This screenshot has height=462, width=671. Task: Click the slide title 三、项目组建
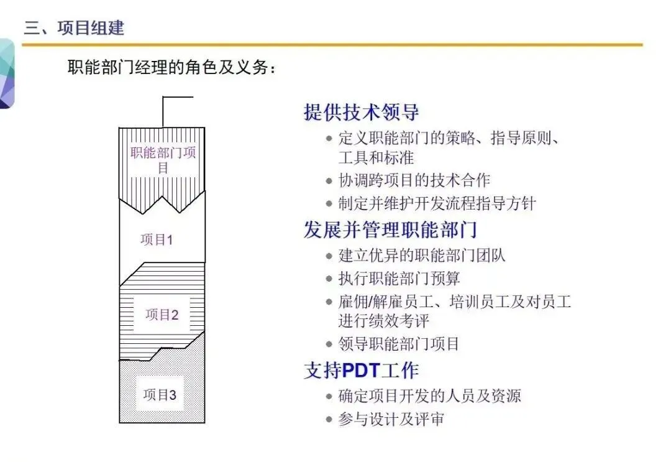tap(74, 28)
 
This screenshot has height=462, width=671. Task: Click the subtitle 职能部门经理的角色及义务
tap(171, 67)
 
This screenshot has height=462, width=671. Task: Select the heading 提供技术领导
tap(361, 112)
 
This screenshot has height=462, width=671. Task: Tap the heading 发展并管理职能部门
tap(390, 230)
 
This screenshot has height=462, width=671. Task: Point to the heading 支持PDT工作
tap(361, 371)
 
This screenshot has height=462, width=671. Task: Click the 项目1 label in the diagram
tap(157, 240)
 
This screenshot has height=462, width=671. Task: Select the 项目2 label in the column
tap(162, 315)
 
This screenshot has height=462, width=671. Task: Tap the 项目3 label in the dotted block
tap(160, 395)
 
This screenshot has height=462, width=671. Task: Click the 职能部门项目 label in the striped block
tap(163, 160)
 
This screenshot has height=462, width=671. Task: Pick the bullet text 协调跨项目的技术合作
tap(414, 180)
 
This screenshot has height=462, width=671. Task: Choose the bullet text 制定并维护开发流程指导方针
tap(437, 203)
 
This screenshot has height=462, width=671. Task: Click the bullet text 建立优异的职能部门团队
tap(421, 256)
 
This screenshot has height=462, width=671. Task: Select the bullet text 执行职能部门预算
tap(399, 279)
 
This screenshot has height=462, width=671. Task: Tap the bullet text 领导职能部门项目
tap(399, 344)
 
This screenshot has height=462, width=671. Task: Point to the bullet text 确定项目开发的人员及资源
tap(430, 396)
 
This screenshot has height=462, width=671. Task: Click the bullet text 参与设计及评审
tap(391, 419)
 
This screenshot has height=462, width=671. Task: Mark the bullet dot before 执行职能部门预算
tap(329, 279)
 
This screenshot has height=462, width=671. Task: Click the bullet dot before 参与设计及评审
tap(329, 420)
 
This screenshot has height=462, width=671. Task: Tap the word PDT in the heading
tap(362, 371)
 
